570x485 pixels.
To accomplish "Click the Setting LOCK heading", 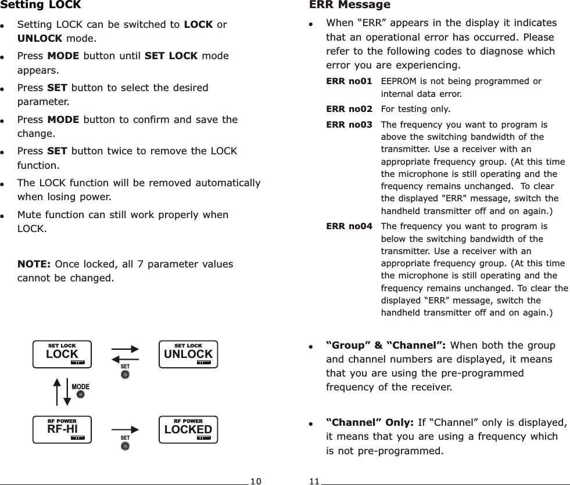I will click(41, 6).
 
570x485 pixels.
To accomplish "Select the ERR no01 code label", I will click(349, 81).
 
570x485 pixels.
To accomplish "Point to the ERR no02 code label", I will click(349, 108).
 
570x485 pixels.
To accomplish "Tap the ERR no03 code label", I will click(349, 124).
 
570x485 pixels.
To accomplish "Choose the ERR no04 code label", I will click(349, 226).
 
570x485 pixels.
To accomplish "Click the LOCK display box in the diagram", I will click(62, 354).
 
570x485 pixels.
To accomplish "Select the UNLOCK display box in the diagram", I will click(188, 354).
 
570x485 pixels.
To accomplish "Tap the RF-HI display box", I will click(62, 429).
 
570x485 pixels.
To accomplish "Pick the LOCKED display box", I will click(188, 429).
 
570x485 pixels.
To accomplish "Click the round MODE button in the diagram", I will click(81, 394).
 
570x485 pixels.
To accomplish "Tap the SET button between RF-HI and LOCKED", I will click(125, 446).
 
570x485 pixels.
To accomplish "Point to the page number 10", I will click(256, 481).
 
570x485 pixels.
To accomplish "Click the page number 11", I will click(314, 481).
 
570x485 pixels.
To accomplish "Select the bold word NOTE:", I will click(33, 264).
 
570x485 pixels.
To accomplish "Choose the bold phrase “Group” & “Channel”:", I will click(386, 345).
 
